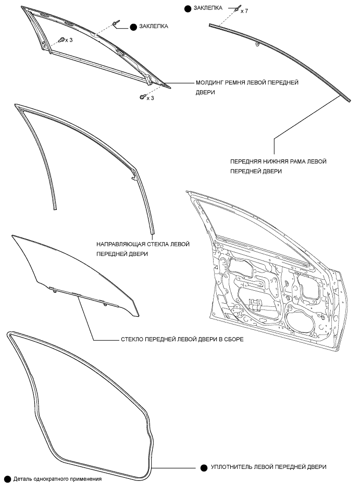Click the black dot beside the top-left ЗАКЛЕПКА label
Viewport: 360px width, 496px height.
(133, 26)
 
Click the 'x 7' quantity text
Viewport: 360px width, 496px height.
(244, 10)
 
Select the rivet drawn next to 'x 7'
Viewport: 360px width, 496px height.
(237, 8)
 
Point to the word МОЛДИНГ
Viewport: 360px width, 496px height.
(210, 82)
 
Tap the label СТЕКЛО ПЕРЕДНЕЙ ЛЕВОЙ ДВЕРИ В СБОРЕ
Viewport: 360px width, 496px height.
(182, 339)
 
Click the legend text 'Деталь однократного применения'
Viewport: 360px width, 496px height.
(57, 479)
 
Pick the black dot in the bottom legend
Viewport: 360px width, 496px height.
(7, 479)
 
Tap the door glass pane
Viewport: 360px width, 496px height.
(73, 271)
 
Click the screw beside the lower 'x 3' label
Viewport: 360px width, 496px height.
(142, 96)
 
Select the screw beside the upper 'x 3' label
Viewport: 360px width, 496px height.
(62, 40)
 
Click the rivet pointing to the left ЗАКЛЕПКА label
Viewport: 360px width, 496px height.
(115, 23)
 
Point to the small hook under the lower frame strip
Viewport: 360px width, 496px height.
(258, 45)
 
